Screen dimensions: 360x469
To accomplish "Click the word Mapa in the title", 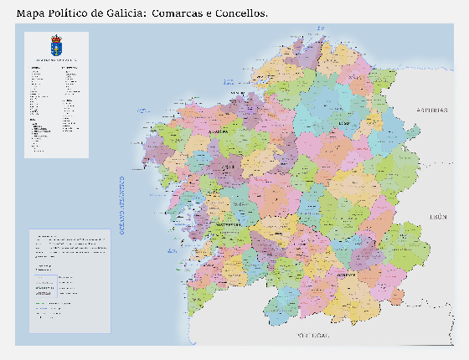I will click(x=32, y=13).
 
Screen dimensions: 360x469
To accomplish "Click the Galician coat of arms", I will click(x=56, y=45).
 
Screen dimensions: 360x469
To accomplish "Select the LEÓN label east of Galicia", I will click(x=438, y=216).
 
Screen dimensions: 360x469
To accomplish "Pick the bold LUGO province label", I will click(x=342, y=123).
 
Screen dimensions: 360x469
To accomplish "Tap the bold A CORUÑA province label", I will click(x=219, y=132).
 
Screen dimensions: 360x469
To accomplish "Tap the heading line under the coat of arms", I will click(x=56, y=60).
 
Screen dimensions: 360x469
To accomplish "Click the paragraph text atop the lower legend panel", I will click(x=70, y=244).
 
